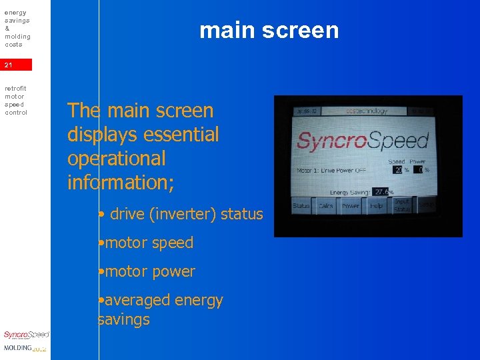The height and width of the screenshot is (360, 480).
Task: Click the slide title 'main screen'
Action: [269, 30]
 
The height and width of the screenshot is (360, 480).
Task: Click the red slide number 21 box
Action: [16, 65]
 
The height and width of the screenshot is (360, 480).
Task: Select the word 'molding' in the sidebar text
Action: [17, 36]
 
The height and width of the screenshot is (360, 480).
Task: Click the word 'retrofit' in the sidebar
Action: [15, 88]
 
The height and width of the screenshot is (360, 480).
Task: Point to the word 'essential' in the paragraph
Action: [181, 135]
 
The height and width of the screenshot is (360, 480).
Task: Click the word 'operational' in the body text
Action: [117, 159]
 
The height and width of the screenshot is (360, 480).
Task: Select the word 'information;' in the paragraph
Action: [121, 182]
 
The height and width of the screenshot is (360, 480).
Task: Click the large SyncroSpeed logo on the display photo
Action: [363, 141]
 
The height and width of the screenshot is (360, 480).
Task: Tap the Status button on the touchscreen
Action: [301, 206]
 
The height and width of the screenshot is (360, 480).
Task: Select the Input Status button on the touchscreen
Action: [401, 205]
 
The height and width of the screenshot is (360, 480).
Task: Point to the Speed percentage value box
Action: [398, 169]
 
